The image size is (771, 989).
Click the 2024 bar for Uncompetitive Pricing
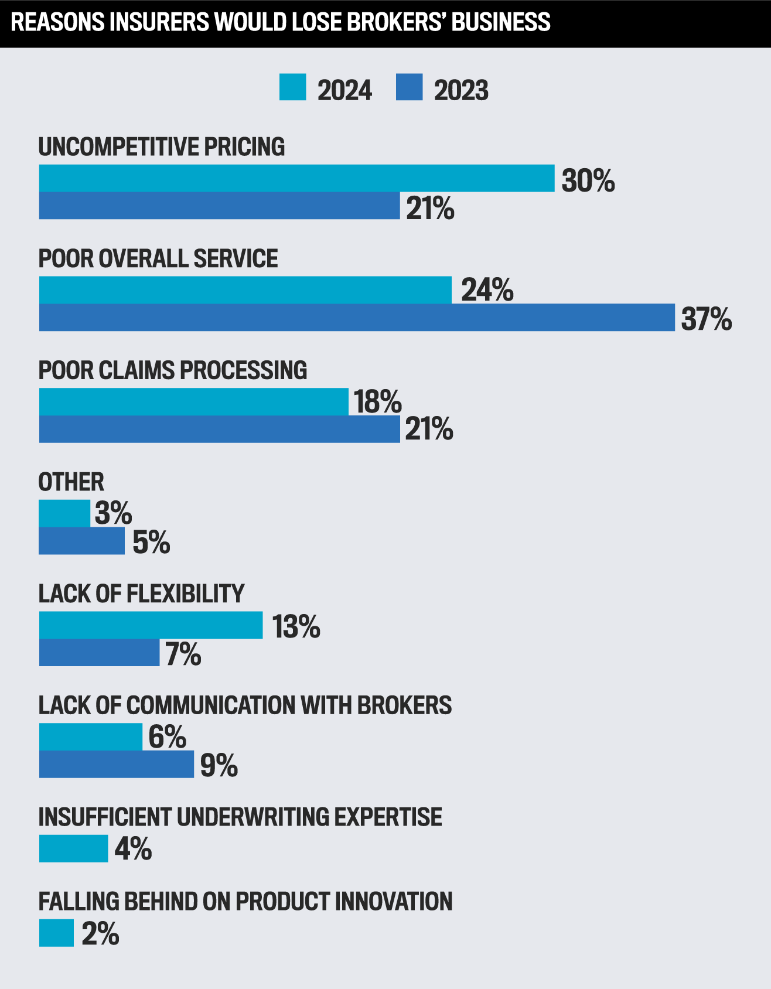(296, 178)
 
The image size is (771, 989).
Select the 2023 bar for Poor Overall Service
(357, 318)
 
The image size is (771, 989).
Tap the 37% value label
(706, 319)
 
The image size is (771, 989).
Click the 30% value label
(588, 180)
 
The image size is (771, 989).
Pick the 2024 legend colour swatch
(292, 87)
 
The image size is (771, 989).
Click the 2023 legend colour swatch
(409, 87)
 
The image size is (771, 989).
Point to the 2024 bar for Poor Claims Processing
(193, 401)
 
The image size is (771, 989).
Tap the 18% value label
(378, 402)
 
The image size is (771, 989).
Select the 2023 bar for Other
(81, 541)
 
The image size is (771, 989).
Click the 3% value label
(113, 513)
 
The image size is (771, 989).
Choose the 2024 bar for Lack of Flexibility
(151, 625)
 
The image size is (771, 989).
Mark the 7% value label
(183, 654)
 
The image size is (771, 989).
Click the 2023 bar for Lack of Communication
(116, 764)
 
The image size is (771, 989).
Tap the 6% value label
(167, 737)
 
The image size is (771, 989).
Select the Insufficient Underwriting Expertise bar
(73, 848)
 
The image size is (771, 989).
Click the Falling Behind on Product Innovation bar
(56, 933)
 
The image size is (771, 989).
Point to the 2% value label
(100, 934)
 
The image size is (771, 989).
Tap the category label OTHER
(71, 482)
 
